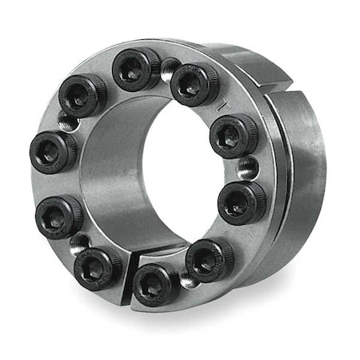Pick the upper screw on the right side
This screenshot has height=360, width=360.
pos(234,136)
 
